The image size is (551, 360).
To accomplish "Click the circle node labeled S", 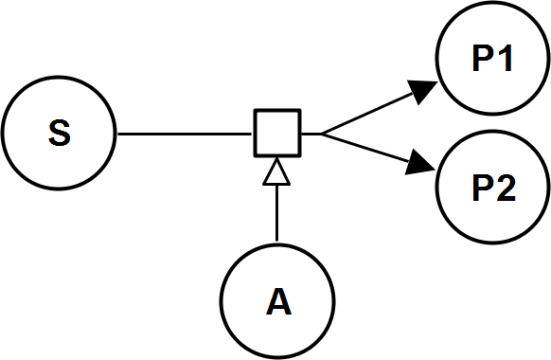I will pyautogui.click(x=59, y=134).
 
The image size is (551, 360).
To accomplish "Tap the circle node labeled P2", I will pyautogui.click(x=492, y=190).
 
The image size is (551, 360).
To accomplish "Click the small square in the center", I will pyautogui.click(x=277, y=134).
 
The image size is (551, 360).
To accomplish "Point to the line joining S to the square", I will pyautogui.click(x=185, y=134).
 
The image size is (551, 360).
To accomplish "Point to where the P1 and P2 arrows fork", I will pyautogui.click(x=322, y=134).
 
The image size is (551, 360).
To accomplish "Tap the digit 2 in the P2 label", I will pyautogui.click(x=505, y=190).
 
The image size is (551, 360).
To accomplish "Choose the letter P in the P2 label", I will pyautogui.click(x=481, y=190).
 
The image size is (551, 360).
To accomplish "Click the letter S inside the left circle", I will pyautogui.click(x=59, y=134).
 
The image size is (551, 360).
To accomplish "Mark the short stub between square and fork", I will pyautogui.click(x=311, y=134).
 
